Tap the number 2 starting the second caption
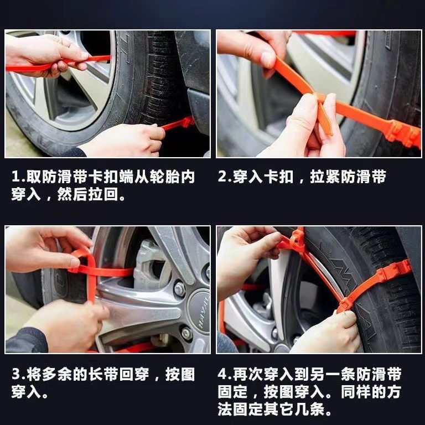[x=223, y=178]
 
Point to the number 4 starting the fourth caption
[x=224, y=375]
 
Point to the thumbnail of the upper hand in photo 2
[x=268, y=59]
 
